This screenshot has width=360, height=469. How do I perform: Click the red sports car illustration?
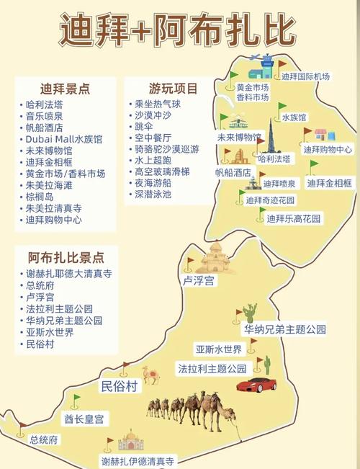[256, 385]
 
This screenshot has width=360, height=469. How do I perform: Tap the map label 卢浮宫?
[199, 281]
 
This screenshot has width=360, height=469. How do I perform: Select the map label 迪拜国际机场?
[305, 76]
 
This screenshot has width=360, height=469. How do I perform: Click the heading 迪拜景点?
[66, 89]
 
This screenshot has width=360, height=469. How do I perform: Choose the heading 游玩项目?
[174, 89]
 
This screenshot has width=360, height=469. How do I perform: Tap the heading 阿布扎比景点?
[66, 257]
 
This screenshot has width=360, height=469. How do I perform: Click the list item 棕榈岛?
[40, 197]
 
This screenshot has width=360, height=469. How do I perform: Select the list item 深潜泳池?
[153, 194]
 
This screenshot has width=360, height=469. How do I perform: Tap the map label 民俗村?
[119, 387]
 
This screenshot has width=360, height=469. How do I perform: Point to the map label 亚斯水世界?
[218, 349]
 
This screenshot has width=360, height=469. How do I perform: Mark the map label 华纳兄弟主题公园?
[284, 329]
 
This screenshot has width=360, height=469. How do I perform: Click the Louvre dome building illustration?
[214, 258]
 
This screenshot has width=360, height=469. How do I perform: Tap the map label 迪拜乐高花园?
[294, 218]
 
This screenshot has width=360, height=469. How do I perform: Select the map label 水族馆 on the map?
[294, 117]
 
